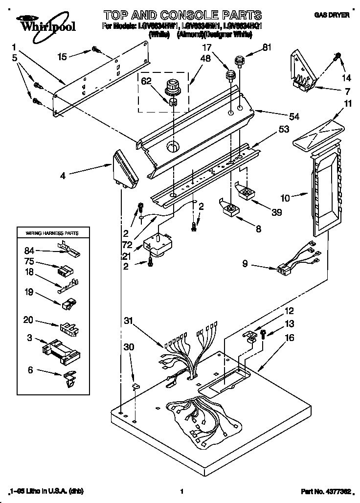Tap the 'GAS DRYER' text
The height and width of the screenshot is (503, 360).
[331, 16]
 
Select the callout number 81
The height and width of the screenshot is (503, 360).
[280, 48]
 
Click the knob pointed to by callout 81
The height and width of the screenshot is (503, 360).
[239, 62]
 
